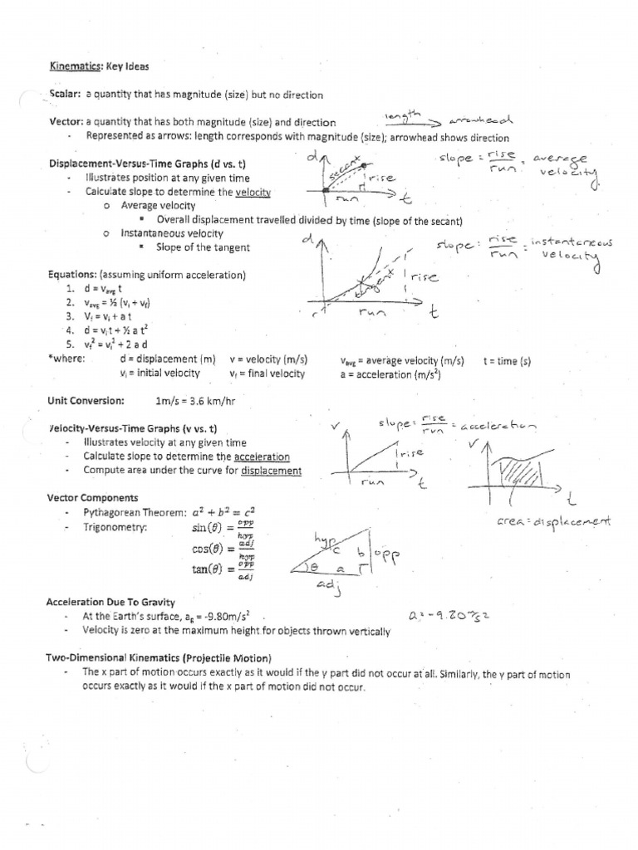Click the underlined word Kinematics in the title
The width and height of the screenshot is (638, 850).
(x=73, y=64)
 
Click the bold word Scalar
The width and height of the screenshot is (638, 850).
(x=64, y=95)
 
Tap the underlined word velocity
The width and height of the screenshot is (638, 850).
(x=253, y=192)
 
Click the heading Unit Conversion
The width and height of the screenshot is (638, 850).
(x=86, y=400)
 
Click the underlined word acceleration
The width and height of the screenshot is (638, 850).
(x=262, y=457)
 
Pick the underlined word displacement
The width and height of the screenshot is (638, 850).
(x=271, y=471)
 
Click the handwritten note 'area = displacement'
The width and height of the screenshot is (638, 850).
(x=553, y=522)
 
